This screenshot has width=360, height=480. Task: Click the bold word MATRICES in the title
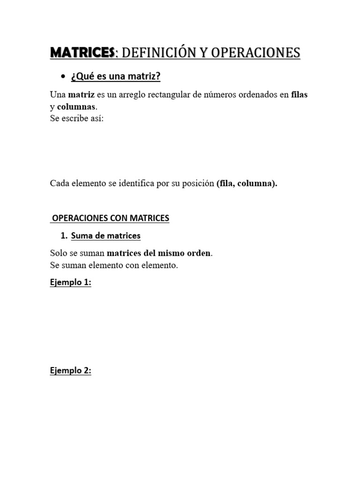coord(82,52)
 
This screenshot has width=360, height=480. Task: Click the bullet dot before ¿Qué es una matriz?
coord(62,76)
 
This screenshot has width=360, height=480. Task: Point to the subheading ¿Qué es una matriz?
coord(116,76)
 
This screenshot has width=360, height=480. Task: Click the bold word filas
coord(300,94)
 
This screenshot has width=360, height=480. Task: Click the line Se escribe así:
coord(76,118)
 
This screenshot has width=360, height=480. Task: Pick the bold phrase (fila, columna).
coord(247,183)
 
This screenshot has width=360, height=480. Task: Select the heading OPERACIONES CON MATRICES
coord(111,218)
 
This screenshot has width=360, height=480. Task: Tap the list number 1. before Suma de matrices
coord(65,236)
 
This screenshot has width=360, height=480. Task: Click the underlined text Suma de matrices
coord(105,236)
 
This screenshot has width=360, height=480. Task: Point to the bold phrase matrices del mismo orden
coord(159,253)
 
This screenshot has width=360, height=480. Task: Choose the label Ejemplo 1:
coord(70,283)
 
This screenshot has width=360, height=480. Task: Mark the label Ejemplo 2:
coord(70,371)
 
